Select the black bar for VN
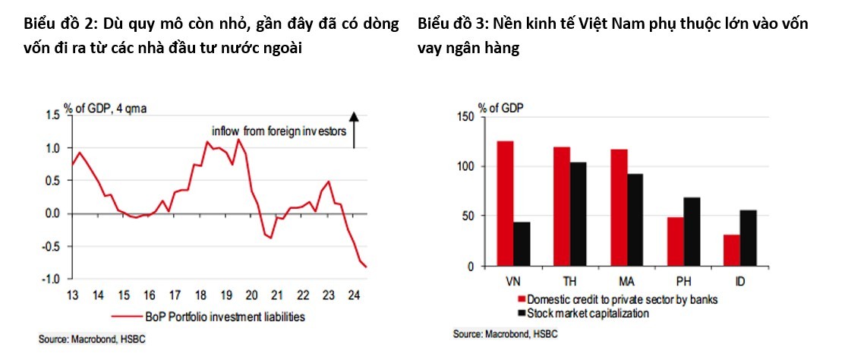pyautogui.click(x=522, y=244)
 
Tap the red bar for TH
pyautogui.click(x=562, y=206)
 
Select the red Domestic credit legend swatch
pyautogui.click(x=521, y=299)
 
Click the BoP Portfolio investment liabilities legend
pyautogui.click(x=224, y=317)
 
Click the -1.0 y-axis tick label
pyautogui.click(x=50, y=279)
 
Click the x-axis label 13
pyautogui.click(x=72, y=295)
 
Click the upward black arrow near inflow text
pyautogui.click(x=353, y=129)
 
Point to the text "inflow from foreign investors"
pyautogui.click(x=279, y=131)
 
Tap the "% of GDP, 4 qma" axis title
pyautogui.click(x=105, y=108)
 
